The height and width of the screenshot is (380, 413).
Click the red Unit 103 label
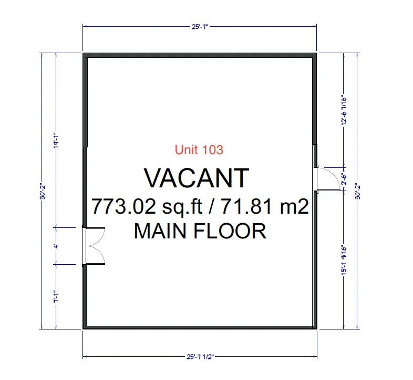click(x=199, y=149)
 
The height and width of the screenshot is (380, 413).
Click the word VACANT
click(x=197, y=178)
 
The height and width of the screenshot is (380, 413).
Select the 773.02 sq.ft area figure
click(x=147, y=207)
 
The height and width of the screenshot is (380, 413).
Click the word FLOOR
click(x=230, y=231)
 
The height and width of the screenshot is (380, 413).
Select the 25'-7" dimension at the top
click(x=200, y=26)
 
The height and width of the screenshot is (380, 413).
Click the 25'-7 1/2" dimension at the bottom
click(x=200, y=357)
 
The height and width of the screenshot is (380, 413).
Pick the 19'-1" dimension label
click(x=56, y=140)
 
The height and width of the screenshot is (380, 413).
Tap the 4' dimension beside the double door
click(x=56, y=246)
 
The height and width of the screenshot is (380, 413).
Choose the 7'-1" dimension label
click(x=56, y=297)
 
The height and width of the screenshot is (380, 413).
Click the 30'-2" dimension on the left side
click(x=43, y=191)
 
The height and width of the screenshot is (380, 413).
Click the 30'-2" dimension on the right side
click(x=358, y=191)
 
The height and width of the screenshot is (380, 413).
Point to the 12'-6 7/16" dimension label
click(x=344, y=110)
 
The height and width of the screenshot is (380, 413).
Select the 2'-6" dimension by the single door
click(x=344, y=179)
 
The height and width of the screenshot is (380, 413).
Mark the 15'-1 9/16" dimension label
click(x=344, y=261)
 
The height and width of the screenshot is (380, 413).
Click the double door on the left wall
click(x=94, y=246)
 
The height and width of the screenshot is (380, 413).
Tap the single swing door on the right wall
click(x=329, y=179)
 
